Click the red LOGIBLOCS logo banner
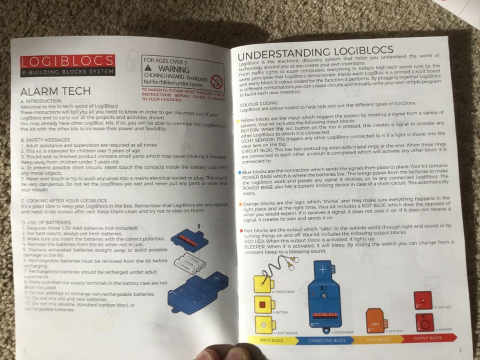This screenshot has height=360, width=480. (67, 61)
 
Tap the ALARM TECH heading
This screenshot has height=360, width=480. (56, 92)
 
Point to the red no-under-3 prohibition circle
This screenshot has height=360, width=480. (217, 80)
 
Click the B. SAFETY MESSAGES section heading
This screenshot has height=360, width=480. (46, 140)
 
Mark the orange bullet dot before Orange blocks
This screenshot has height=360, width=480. (240, 204)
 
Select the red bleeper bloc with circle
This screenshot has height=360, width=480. (424, 323)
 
